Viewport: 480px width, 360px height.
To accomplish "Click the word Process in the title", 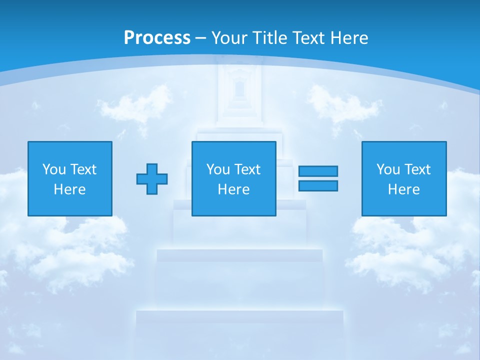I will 157,38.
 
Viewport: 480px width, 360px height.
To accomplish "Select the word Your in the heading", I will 229,38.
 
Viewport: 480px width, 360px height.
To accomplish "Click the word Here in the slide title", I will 349,38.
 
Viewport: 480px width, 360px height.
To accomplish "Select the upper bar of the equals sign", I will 318,171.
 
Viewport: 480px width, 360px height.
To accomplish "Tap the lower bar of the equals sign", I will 318,185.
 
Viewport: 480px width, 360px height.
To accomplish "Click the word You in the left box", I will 53,169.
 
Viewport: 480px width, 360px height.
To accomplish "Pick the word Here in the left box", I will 69,189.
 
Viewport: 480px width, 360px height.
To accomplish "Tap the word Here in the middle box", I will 233,189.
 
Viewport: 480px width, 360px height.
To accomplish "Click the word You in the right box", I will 388,169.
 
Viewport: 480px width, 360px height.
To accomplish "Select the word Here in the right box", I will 403,189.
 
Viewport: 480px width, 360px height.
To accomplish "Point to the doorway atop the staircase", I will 239,90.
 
